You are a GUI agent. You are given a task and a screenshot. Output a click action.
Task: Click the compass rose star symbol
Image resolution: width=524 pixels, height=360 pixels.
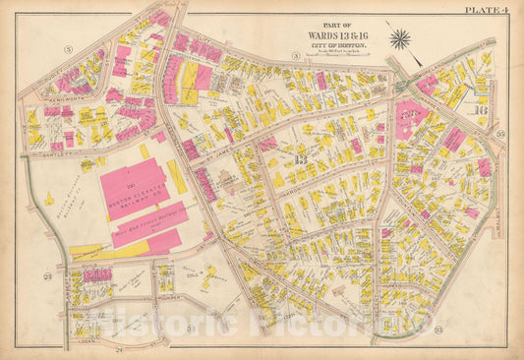coord(399,39)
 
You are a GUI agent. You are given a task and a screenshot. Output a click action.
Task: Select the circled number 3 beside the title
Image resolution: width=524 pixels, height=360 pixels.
coord(295,67)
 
